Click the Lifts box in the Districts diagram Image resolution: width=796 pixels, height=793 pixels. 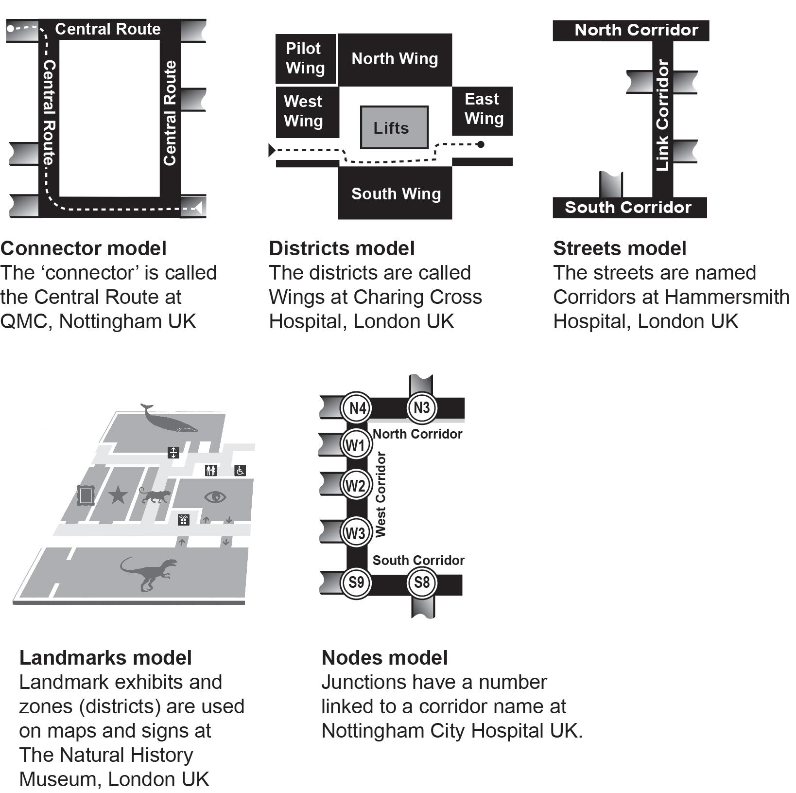[x=394, y=127]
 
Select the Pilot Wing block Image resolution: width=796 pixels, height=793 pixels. [x=305, y=58]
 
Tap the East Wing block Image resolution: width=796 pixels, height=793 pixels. [x=483, y=110]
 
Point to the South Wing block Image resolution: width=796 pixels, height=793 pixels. [x=395, y=193]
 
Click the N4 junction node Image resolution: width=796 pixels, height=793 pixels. [x=357, y=407]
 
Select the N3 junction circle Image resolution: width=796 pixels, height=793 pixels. [x=421, y=407]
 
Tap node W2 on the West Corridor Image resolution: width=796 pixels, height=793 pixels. [x=356, y=485]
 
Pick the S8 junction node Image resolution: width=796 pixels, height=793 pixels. [x=421, y=582]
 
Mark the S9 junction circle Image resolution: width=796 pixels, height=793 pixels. [x=356, y=582]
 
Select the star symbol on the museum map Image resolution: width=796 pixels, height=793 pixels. [x=118, y=495]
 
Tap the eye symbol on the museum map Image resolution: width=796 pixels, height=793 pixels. [x=215, y=497]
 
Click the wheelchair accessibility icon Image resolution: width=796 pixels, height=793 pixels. [x=240, y=470]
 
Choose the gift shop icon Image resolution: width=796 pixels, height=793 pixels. [x=183, y=520]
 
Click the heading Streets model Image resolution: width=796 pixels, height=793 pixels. [x=620, y=248]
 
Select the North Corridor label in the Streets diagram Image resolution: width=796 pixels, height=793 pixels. [x=636, y=30]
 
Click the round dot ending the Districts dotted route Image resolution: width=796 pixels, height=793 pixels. [x=481, y=144]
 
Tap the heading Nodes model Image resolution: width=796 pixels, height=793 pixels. [x=384, y=658]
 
